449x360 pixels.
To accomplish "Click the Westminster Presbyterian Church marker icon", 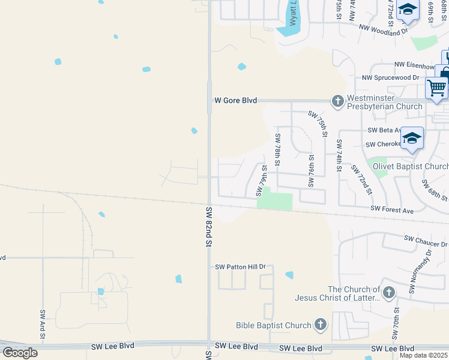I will coord(338,101).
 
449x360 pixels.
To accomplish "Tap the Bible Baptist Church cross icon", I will coord(321,325).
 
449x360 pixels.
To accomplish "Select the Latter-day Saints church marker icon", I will coord(389,293).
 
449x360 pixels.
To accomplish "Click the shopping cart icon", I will coord(436,88).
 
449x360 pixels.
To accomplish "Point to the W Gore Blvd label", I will coord(236,101).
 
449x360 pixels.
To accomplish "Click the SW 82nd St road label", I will coord(209,227).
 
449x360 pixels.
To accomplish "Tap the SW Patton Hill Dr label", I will coord(244,266).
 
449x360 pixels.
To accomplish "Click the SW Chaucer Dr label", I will coord(426,241).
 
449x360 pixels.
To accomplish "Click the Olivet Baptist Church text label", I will coord(411,166).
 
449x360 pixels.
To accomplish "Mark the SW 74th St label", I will coord(339,155).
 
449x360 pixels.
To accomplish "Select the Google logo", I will coord(20,353).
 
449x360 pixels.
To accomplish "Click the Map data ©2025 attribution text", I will coord(424,355).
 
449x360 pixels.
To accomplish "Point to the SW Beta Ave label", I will coord(384,130).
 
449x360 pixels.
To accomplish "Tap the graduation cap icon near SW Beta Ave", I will coord(412,139).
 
